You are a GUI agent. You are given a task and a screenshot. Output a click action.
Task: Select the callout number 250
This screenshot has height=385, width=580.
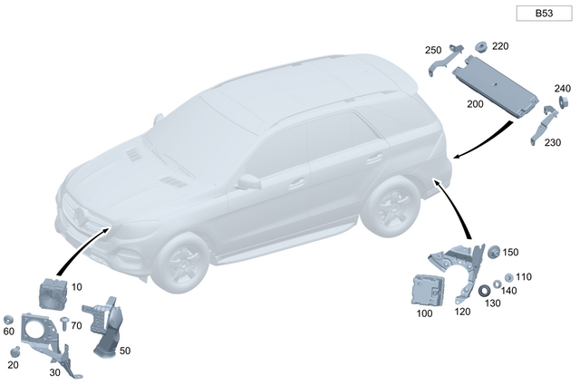(432, 49)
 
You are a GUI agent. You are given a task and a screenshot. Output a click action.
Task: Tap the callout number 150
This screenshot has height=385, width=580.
(511, 253)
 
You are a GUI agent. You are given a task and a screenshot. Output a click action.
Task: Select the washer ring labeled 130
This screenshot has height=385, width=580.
(484, 290)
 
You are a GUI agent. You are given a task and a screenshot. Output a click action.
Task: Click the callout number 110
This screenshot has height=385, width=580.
(524, 276)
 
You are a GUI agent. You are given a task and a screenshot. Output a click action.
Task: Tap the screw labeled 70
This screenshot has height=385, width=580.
(64, 322)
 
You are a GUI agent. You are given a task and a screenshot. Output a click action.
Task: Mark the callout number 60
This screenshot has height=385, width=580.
(9, 332)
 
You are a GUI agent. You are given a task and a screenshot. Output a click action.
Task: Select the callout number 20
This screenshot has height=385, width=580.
(13, 364)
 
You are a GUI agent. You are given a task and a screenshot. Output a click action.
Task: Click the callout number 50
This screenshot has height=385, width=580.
(125, 350)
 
